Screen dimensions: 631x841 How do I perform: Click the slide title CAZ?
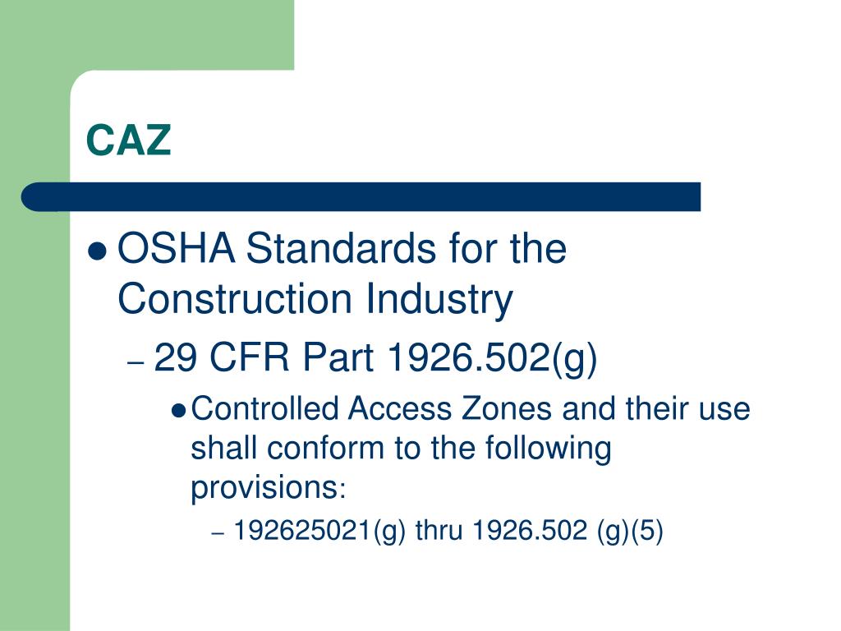tap(129, 140)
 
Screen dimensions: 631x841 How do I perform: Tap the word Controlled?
tap(264, 408)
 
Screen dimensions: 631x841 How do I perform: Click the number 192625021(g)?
tap(320, 532)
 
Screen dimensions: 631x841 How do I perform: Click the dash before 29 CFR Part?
tap(136, 362)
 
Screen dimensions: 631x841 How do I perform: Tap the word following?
tap(549, 449)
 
